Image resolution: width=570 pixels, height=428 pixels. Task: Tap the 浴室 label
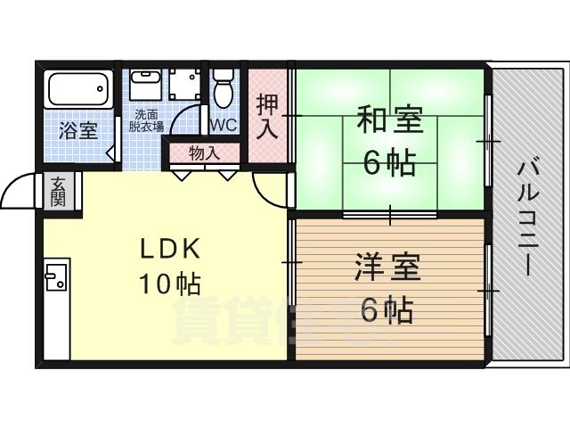(78, 131)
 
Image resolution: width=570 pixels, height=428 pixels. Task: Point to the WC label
(223, 125)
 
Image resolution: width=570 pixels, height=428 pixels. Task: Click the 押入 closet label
(267, 116)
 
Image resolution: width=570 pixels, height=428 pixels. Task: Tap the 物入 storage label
(205, 152)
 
